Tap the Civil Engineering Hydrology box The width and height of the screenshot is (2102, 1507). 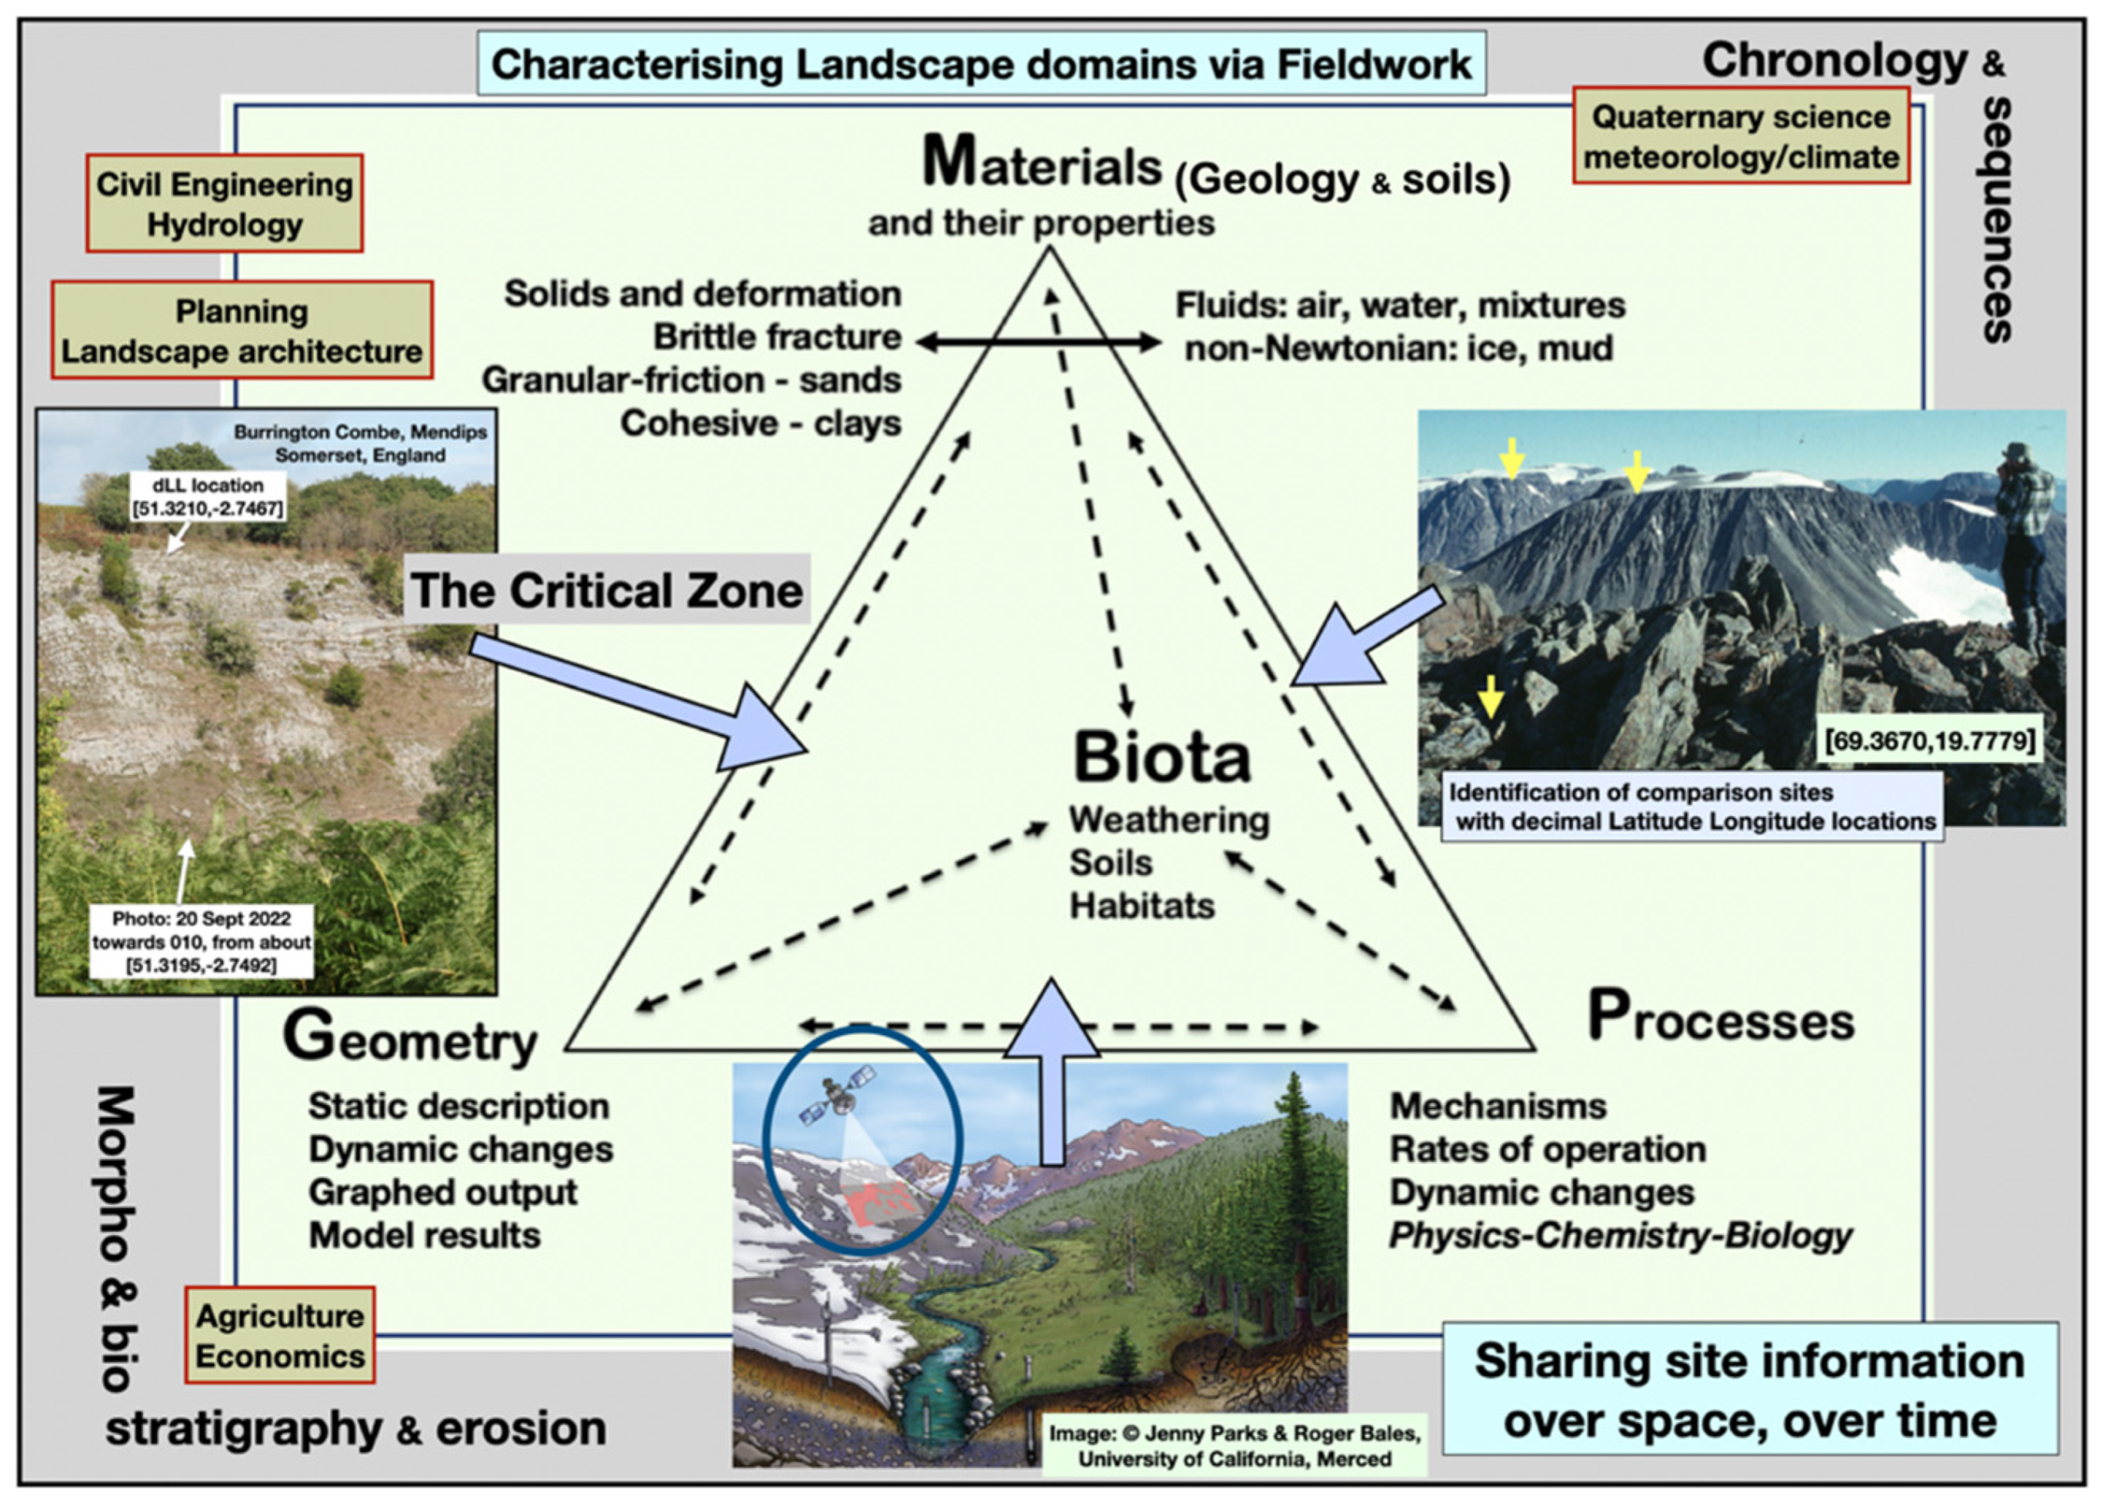coord(224,204)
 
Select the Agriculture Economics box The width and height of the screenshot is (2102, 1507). coord(280,1336)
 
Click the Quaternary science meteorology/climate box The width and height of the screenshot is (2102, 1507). coord(1741,137)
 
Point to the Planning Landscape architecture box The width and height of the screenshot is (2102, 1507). coord(242,331)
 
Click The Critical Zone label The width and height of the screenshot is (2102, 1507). coord(607,590)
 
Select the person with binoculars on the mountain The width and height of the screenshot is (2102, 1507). coord(2030,537)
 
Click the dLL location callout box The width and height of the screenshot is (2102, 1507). coord(207,496)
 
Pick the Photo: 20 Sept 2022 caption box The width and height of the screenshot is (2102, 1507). coord(201,942)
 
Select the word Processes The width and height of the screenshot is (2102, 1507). coord(1721,1018)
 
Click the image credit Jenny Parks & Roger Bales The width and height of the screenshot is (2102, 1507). coord(1235,1446)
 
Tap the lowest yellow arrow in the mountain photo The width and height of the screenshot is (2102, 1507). coord(1490,696)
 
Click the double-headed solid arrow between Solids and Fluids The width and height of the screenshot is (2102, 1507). coord(1038,342)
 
